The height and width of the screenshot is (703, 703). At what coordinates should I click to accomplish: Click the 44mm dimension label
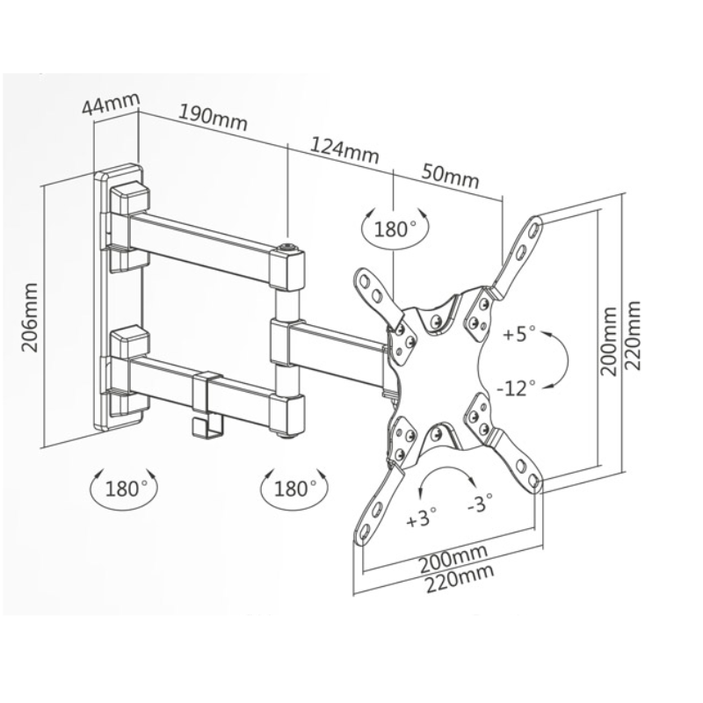tap(112, 105)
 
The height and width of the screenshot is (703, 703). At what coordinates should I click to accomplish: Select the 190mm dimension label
tap(213, 118)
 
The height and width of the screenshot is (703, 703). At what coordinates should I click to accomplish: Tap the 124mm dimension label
tap(344, 150)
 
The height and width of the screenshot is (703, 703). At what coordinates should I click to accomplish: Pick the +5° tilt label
tap(519, 334)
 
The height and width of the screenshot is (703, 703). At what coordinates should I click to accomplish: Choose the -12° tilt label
tap(517, 388)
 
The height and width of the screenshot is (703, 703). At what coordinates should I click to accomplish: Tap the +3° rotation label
tap(421, 517)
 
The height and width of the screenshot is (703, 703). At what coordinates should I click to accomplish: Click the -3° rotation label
tap(480, 504)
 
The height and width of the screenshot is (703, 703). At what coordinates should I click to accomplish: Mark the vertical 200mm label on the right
tap(609, 342)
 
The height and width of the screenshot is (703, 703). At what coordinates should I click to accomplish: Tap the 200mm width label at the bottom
tap(453, 558)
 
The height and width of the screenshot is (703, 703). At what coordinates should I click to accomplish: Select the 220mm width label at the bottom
tap(460, 580)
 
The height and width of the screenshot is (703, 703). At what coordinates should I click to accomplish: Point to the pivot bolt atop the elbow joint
tap(287, 246)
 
